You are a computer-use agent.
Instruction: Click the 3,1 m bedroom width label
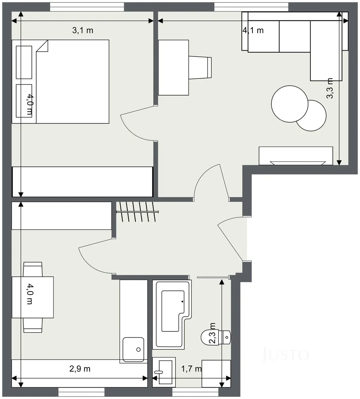[x=83, y=31]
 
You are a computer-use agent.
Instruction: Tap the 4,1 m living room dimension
[x=253, y=31]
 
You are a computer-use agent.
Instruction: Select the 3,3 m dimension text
[x=330, y=88]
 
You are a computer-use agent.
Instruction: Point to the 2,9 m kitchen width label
[x=80, y=369]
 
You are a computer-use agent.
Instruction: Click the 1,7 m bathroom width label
[x=191, y=369]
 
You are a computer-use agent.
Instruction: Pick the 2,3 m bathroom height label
[x=212, y=333]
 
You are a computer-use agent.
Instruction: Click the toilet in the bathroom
[x=216, y=337]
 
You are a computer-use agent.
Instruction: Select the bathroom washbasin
[x=164, y=371]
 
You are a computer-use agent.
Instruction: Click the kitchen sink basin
[x=133, y=349]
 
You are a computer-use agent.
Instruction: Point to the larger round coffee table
[x=289, y=104]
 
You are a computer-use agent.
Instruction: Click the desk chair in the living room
[x=200, y=68]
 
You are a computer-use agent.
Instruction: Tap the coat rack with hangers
[x=137, y=212]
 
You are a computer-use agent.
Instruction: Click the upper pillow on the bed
[x=24, y=63]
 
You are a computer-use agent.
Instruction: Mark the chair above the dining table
[x=33, y=269]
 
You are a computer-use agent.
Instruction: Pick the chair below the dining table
[x=33, y=325]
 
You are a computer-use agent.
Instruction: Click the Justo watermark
[x=285, y=354]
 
